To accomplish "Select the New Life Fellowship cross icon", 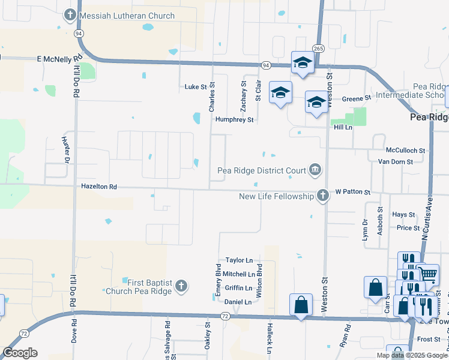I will [x=323, y=196].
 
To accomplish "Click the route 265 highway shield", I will [x=318, y=48].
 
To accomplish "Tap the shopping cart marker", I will [x=427, y=274].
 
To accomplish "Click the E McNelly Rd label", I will [x=59, y=59].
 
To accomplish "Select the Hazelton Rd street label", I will [x=99, y=187].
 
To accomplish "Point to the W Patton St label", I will [x=353, y=192].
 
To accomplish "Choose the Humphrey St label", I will [x=235, y=120].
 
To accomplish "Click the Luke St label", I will [x=195, y=87].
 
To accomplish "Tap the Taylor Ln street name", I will [x=239, y=260].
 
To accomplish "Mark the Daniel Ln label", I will [x=238, y=302].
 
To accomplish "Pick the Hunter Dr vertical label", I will [x=65, y=149].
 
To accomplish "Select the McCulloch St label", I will [x=405, y=151].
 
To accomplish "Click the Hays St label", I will [x=403, y=215].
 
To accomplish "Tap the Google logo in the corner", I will [x=20, y=353].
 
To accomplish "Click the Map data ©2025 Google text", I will [x=411, y=355].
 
